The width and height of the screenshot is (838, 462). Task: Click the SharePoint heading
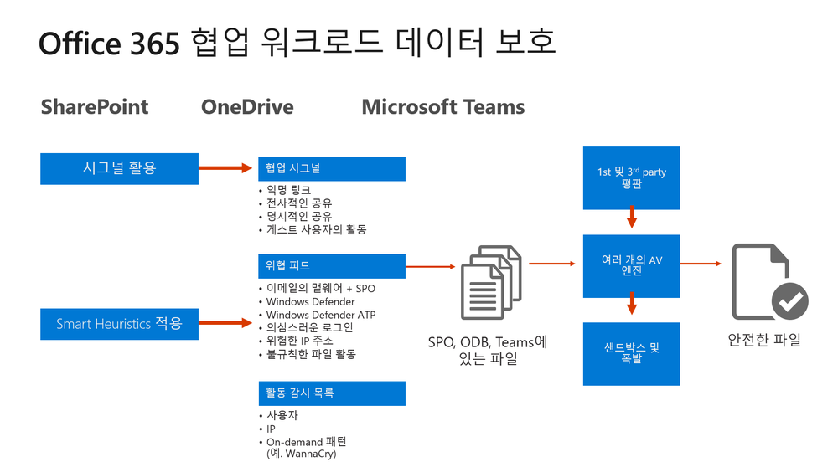(x=95, y=107)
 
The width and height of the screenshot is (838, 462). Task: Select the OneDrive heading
(x=247, y=107)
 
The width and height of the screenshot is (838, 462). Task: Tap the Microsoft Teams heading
(x=443, y=107)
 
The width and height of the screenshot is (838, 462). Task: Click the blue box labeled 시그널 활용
(x=120, y=168)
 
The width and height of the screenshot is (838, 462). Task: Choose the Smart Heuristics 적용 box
(x=120, y=323)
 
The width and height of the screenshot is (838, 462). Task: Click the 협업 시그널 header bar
(x=332, y=168)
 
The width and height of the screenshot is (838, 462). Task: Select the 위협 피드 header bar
(x=332, y=266)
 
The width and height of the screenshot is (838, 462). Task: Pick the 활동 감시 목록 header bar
(x=332, y=393)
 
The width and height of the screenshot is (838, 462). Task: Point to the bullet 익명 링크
(x=289, y=190)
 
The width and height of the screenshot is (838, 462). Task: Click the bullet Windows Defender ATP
(x=321, y=315)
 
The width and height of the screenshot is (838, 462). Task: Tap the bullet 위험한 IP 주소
(x=300, y=341)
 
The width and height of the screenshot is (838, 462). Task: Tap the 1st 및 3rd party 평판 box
(x=632, y=178)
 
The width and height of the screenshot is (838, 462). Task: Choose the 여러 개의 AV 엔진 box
(x=632, y=266)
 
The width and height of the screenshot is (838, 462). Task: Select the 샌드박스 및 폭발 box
(x=632, y=353)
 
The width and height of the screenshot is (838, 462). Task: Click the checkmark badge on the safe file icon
(x=789, y=300)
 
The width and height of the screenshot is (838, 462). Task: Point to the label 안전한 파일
(x=764, y=340)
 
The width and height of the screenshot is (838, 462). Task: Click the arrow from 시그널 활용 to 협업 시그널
(x=225, y=168)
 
